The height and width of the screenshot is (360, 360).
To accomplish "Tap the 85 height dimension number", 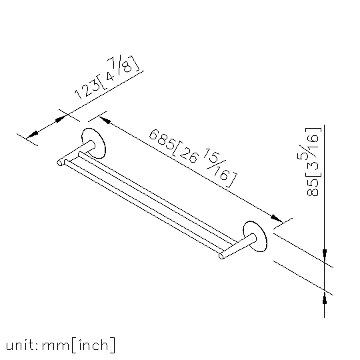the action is [x=313, y=187].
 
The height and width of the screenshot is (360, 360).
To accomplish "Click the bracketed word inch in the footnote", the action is [x=93, y=345].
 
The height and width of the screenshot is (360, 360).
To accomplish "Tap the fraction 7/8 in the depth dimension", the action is [x=120, y=65].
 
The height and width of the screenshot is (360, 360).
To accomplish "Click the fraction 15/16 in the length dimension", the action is [x=216, y=164].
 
